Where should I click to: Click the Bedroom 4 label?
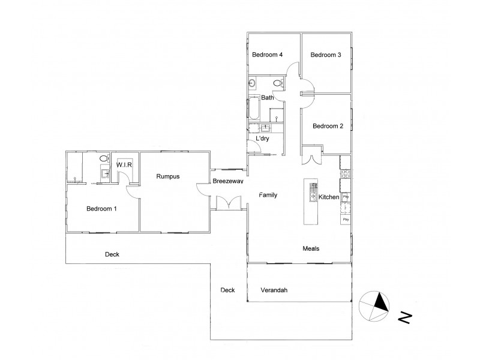click(267, 55)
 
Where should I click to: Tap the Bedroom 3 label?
click(325, 55)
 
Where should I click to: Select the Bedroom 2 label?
click(328, 126)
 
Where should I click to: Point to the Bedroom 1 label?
click(101, 209)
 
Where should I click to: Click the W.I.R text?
click(124, 164)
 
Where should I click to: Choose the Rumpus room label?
click(168, 176)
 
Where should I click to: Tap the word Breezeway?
click(227, 181)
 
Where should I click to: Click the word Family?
click(268, 196)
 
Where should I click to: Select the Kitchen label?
click(329, 197)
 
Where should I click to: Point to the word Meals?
click(311, 248)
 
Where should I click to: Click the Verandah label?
click(274, 290)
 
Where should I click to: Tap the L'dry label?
click(262, 139)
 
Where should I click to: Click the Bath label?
click(267, 98)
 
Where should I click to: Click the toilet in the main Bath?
click(277, 83)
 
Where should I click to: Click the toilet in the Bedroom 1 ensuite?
click(103, 160)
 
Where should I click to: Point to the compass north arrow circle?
click(373, 307)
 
